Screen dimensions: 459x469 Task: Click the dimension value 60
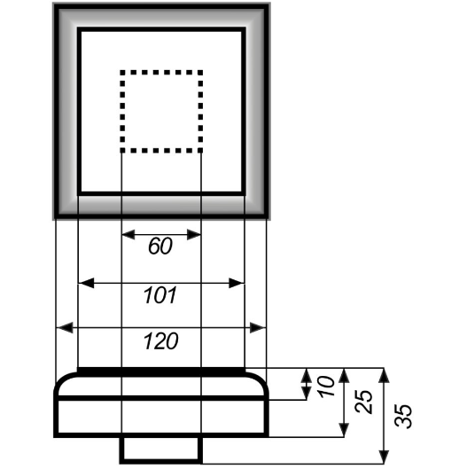(x=160, y=246)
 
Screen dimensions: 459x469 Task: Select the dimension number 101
(x=160, y=295)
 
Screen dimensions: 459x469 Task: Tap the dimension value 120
(x=161, y=341)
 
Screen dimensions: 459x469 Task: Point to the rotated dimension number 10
(x=326, y=387)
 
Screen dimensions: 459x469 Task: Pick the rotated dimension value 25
(x=363, y=402)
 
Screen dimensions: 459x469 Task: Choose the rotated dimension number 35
(x=403, y=417)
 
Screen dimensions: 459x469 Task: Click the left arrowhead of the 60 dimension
(x=128, y=234)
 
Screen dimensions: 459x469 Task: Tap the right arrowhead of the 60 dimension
(x=194, y=234)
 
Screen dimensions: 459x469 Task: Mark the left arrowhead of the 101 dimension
(x=86, y=283)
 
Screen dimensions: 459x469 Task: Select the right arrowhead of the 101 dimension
(x=237, y=283)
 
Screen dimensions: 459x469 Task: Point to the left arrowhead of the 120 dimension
(x=65, y=328)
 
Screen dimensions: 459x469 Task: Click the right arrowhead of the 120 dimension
(x=258, y=328)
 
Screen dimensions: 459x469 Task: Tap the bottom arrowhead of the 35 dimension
(x=384, y=457)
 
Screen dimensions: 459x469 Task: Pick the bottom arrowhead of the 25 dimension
(x=345, y=430)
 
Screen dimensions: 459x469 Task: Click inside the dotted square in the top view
(x=161, y=112)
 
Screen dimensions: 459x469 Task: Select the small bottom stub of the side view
(x=161, y=450)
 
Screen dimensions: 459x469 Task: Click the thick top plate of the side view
(x=161, y=372)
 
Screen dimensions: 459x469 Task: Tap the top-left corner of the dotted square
(x=121, y=72)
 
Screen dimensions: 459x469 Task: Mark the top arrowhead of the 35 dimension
(x=384, y=375)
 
